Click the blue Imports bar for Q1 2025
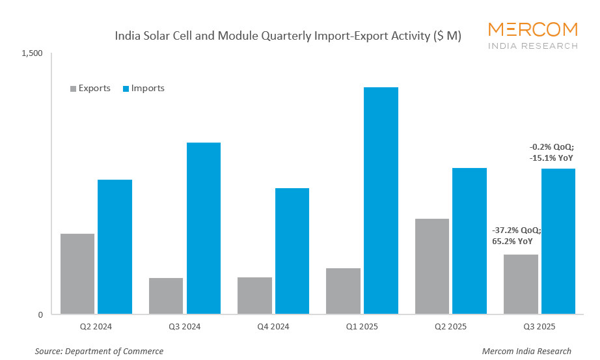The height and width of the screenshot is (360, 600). [x=381, y=201]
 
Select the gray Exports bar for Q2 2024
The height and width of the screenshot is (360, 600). [x=77, y=274]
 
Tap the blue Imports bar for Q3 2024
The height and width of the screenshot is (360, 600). [x=204, y=228]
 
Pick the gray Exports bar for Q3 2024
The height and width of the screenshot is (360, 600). [x=166, y=296]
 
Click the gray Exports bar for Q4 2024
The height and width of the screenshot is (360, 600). [x=255, y=296]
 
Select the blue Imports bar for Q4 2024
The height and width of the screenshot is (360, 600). [x=292, y=251]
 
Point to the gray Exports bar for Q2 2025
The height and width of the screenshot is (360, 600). [x=432, y=266]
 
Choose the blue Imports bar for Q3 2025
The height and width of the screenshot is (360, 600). [x=558, y=242]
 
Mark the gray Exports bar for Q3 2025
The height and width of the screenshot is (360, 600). [x=521, y=284]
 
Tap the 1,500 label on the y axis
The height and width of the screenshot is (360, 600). [x=32, y=53]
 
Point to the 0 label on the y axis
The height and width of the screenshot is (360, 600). [x=40, y=315]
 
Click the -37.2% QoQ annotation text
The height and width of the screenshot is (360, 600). [x=517, y=230]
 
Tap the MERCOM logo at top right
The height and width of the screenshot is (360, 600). [x=532, y=35]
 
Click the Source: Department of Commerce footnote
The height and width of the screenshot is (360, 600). [x=99, y=352]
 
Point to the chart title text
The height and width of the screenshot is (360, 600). [x=288, y=36]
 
